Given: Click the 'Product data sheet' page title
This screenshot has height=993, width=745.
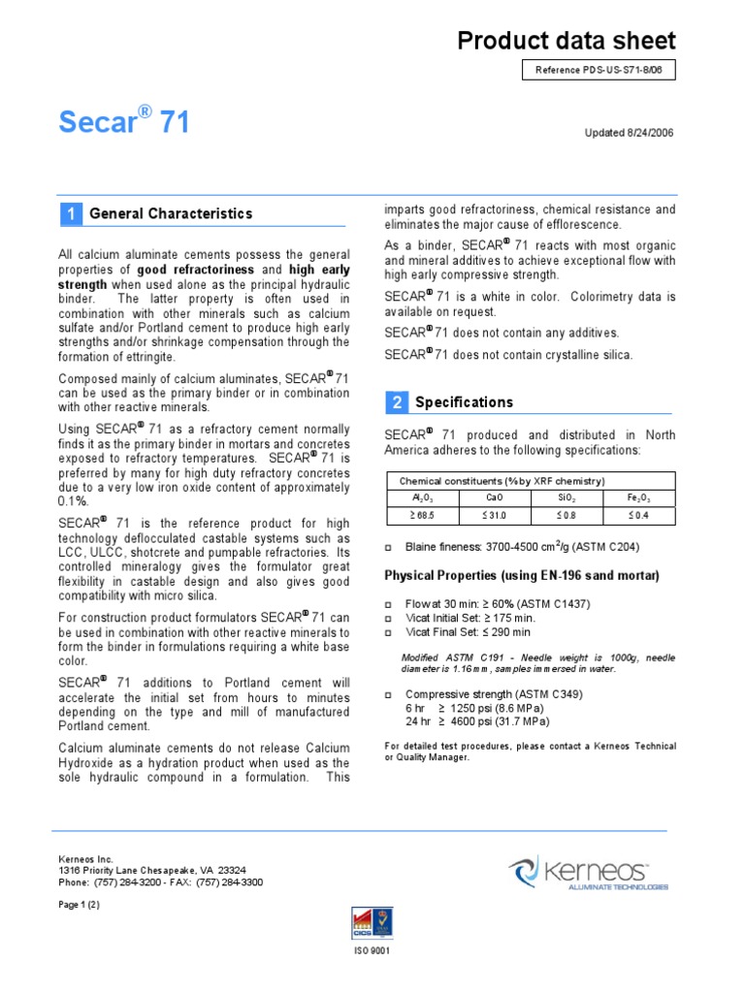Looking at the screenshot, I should [567, 40].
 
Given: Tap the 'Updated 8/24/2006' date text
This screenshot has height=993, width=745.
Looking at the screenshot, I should [630, 133].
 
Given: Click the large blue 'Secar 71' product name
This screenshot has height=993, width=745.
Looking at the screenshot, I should [124, 123].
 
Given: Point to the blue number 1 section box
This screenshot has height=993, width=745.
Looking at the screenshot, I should [70, 213].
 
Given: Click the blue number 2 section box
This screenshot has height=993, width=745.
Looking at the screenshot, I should [396, 401].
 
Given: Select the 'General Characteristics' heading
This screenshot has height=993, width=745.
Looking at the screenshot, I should [171, 213].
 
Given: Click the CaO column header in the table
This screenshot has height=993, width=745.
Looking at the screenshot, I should [495, 497].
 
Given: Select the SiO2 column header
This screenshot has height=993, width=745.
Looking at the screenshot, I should [567, 497].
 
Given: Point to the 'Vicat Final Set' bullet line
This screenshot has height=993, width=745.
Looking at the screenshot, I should [469, 631].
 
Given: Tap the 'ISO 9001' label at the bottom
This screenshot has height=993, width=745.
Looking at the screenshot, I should [372, 950].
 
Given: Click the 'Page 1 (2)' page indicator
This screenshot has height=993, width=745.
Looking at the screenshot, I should [80, 904].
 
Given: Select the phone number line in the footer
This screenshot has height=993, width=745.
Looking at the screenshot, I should [161, 882].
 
